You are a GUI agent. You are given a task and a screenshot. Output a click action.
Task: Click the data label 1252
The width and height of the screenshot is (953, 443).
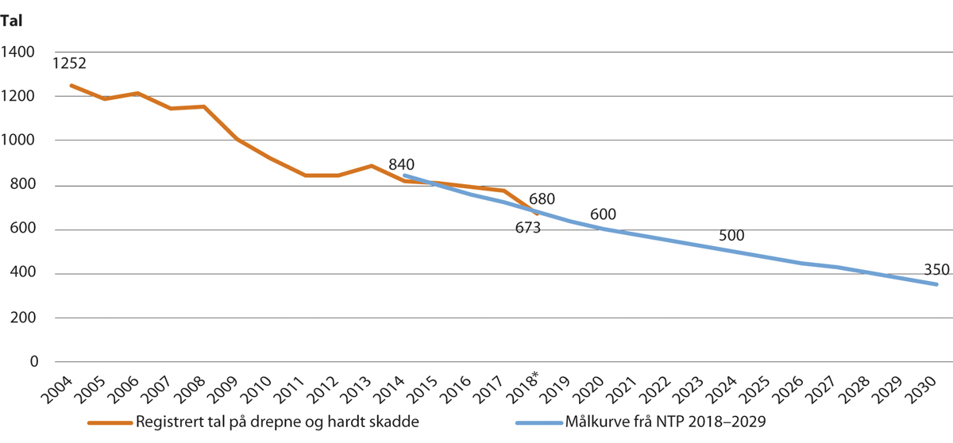69,64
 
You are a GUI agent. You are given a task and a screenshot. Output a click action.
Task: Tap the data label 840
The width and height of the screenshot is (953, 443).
402,164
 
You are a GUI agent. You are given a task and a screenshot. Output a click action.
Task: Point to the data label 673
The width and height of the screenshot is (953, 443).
525,229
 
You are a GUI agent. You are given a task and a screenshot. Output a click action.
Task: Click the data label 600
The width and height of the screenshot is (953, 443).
603,214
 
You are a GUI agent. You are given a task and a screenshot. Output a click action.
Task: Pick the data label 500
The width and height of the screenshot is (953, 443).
732,236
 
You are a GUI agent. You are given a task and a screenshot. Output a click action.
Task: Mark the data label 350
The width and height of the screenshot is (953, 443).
936,268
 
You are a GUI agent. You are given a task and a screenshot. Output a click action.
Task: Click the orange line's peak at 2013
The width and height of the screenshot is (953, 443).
371,165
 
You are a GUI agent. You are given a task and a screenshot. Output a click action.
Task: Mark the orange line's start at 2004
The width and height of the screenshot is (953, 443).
71,85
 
